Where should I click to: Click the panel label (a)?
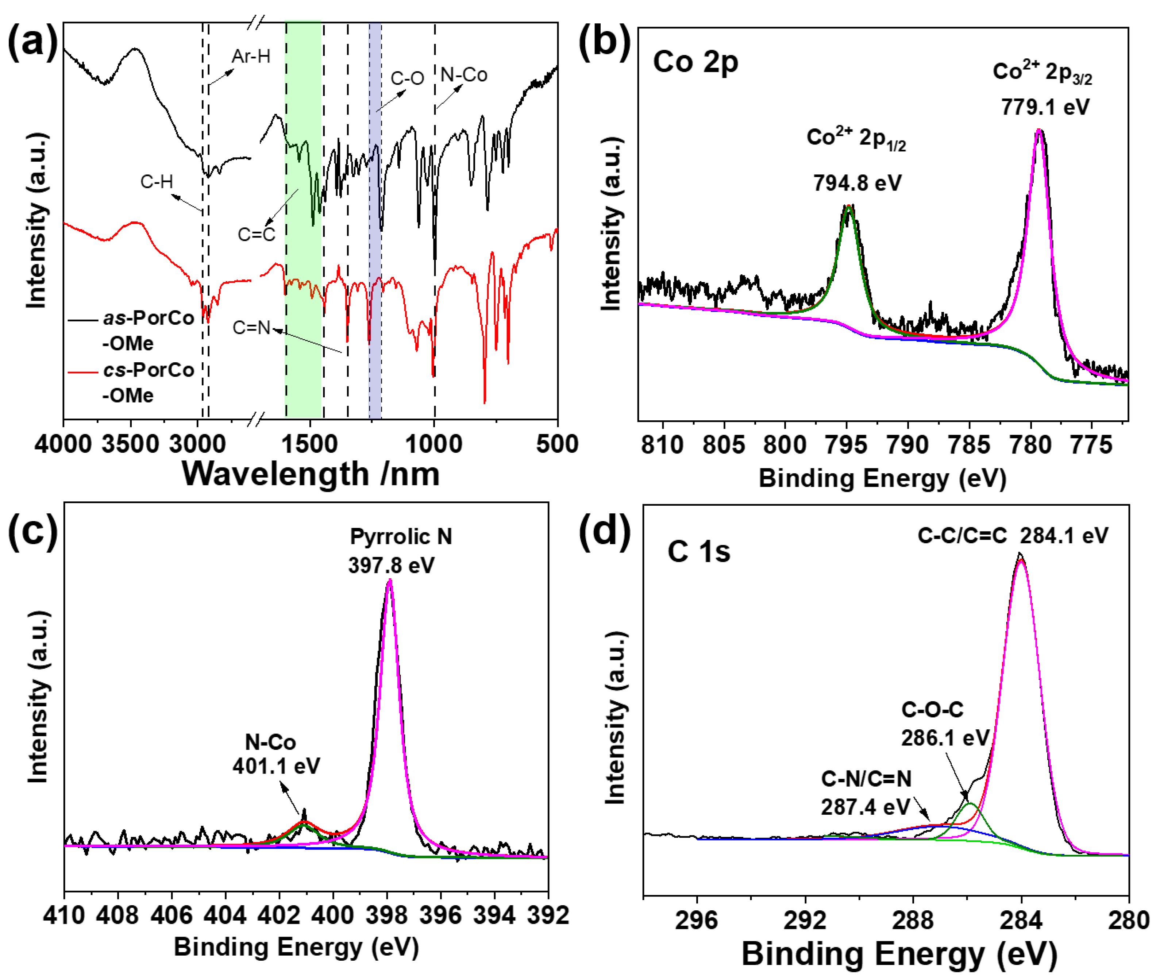click(x=32, y=43)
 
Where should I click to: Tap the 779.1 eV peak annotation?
click(x=1044, y=107)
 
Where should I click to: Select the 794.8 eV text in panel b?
click(x=857, y=182)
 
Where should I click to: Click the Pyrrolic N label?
click(x=401, y=536)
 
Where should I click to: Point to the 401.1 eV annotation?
click(x=275, y=766)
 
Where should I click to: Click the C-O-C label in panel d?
click(x=932, y=709)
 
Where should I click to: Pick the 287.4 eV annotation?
click(x=865, y=807)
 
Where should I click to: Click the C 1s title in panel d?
click(x=698, y=552)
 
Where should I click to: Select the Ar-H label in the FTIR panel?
click(x=251, y=56)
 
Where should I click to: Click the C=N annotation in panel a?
click(x=251, y=328)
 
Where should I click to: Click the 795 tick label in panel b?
click(x=846, y=445)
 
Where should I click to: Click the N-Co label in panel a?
click(x=464, y=75)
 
